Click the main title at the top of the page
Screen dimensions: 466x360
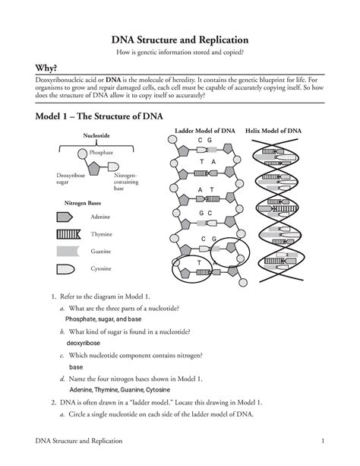180,39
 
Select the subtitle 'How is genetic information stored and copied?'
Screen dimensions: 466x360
180,52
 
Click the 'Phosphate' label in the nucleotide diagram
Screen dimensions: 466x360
101,152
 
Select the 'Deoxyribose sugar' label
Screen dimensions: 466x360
69,179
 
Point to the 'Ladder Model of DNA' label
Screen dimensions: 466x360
204,131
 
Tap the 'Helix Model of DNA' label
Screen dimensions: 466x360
273,131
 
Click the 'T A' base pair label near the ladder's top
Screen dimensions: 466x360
207,163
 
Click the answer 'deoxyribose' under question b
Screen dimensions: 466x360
84,344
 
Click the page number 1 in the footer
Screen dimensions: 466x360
323,442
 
